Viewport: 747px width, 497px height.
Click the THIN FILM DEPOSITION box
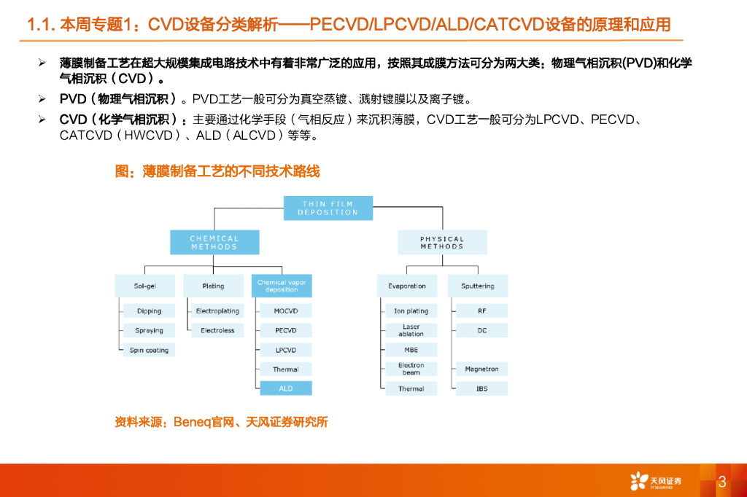pos(328,208)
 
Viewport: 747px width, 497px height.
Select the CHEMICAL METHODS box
pos(214,242)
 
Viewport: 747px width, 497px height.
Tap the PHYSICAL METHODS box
pos(441,242)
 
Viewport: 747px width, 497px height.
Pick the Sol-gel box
pos(144,286)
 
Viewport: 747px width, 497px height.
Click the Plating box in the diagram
pos(213,286)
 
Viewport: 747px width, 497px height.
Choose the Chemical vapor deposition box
pos(282,286)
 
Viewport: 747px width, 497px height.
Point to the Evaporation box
pos(406,286)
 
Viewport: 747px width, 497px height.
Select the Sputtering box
pos(477,286)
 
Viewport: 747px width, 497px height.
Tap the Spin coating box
pos(149,350)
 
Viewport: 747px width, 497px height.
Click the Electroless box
pos(217,330)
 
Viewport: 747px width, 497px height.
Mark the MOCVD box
pos(285,310)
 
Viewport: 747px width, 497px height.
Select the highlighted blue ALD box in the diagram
pos(285,388)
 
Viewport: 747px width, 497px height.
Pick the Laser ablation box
pos(411,330)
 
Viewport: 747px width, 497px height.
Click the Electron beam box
pos(411,369)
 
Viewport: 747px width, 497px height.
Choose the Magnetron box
pos(481,369)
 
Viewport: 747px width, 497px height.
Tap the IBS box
pos(481,388)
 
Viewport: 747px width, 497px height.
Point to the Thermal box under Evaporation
pos(411,388)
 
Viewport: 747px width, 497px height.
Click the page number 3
pos(722,482)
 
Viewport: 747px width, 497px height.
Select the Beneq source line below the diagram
pos(221,422)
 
